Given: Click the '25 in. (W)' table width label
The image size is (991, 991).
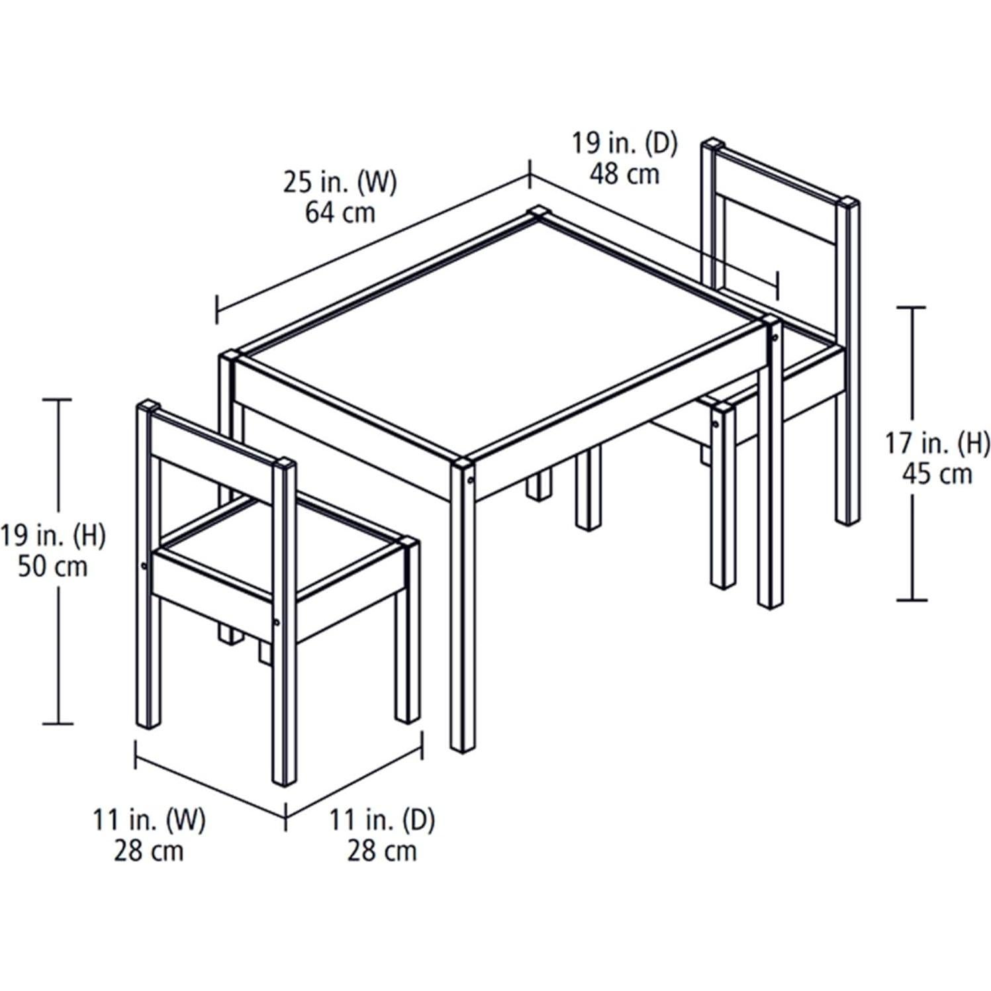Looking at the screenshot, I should (x=340, y=182).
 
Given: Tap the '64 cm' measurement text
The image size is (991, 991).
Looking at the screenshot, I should (x=340, y=212).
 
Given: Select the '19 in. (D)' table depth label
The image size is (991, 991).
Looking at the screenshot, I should (x=624, y=144).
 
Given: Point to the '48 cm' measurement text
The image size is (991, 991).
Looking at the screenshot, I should (x=624, y=173).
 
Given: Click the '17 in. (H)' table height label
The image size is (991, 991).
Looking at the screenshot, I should (x=938, y=444).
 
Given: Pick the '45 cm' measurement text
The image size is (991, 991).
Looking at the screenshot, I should (x=938, y=474).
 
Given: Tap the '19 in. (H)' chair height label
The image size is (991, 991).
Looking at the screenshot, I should (x=53, y=536).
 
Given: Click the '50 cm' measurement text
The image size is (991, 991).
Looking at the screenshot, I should (x=53, y=567).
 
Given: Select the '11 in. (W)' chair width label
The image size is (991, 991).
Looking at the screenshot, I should (x=149, y=821).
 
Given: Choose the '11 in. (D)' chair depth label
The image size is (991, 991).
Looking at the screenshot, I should (x=383, y=821).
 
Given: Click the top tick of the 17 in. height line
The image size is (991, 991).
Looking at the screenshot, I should (x=914, y=308).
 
